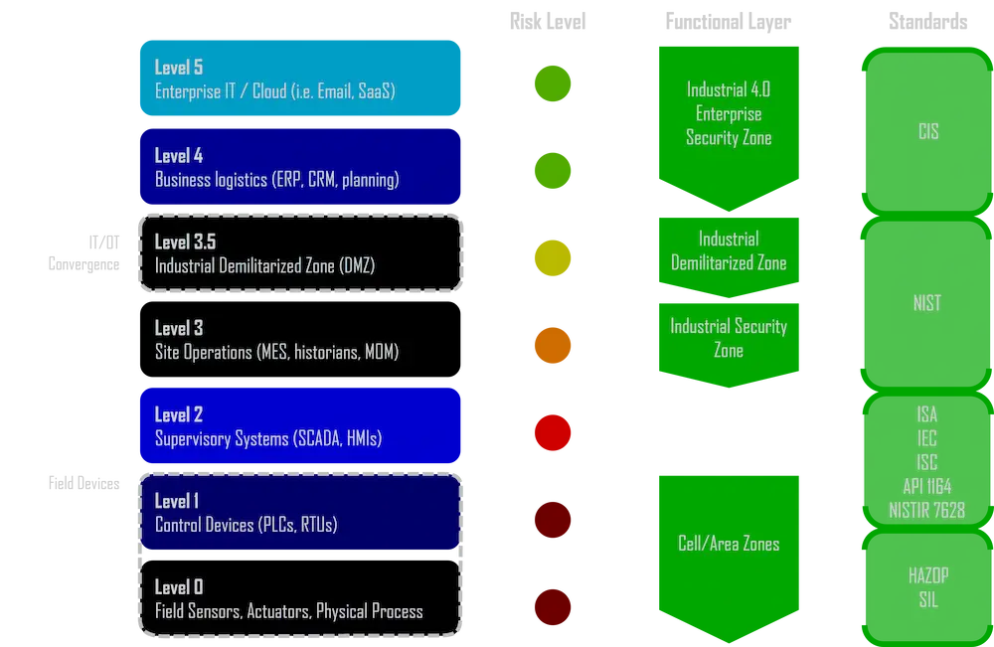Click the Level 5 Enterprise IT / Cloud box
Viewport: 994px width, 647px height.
[x=299, y=79]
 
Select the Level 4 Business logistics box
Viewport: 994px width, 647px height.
[x=299, y=167]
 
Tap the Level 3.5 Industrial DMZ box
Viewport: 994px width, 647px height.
[x=299, y=253]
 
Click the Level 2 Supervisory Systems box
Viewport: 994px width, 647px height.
[x=299, y=426]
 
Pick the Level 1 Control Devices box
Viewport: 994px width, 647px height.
[x=299, y=513]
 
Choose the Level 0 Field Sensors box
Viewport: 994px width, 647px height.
[x=299, y=598]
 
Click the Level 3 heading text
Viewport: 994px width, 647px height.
[x=179, y=328]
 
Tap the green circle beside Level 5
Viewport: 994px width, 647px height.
[x=553, y=83]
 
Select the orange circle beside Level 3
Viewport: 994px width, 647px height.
[x=553, y=344]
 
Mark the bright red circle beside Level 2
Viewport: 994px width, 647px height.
[x=553, y=431]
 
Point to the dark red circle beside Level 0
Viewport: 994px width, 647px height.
[x=553, y=605]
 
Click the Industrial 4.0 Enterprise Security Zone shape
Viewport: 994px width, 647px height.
[x=729, y=114]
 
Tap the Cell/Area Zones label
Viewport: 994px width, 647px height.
[x=729, y=544]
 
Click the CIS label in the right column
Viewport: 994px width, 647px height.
[x=927, y=132]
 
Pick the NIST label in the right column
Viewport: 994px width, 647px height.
[x=927, y=304]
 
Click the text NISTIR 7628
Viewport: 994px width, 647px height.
[x=927, y=511]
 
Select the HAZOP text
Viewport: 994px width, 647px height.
[x=927, y=575]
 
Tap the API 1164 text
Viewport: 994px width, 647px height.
[x=927, y=487]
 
